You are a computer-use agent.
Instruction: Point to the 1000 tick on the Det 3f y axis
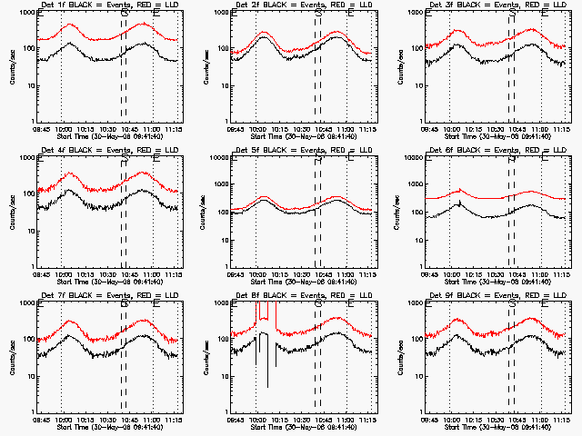418,14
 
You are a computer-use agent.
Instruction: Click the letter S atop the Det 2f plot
318,14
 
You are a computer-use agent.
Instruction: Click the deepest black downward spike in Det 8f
267,387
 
